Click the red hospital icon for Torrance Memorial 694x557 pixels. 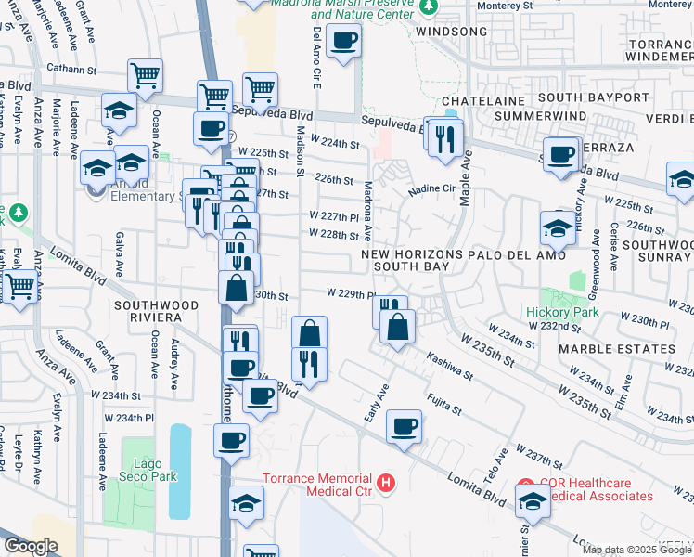(386, 484)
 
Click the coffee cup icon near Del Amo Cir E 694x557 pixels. (343, 41)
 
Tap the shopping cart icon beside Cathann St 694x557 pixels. (145, 76)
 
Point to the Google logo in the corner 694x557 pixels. (31, 546)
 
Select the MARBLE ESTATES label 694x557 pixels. (617, 349)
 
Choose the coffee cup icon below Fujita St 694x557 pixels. (404, 427)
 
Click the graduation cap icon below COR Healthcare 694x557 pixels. (533, 501)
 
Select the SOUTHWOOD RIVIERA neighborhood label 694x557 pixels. (157, 311)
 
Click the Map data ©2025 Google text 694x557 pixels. (637, 550)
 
